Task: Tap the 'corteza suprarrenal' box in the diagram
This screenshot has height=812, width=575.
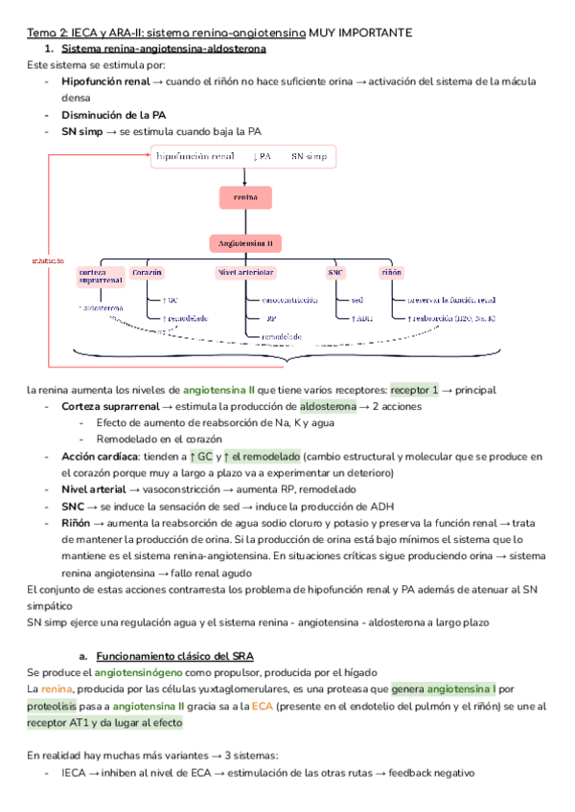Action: click(x=101, y=277)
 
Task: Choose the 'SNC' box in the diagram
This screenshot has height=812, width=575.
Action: click(x=335, y=273)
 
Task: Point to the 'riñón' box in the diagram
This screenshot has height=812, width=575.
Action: click(x=391, y=273)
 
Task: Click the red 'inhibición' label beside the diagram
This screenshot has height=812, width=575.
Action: click(x=48, y=259)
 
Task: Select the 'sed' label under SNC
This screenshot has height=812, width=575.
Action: click(x=356, y=300)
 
